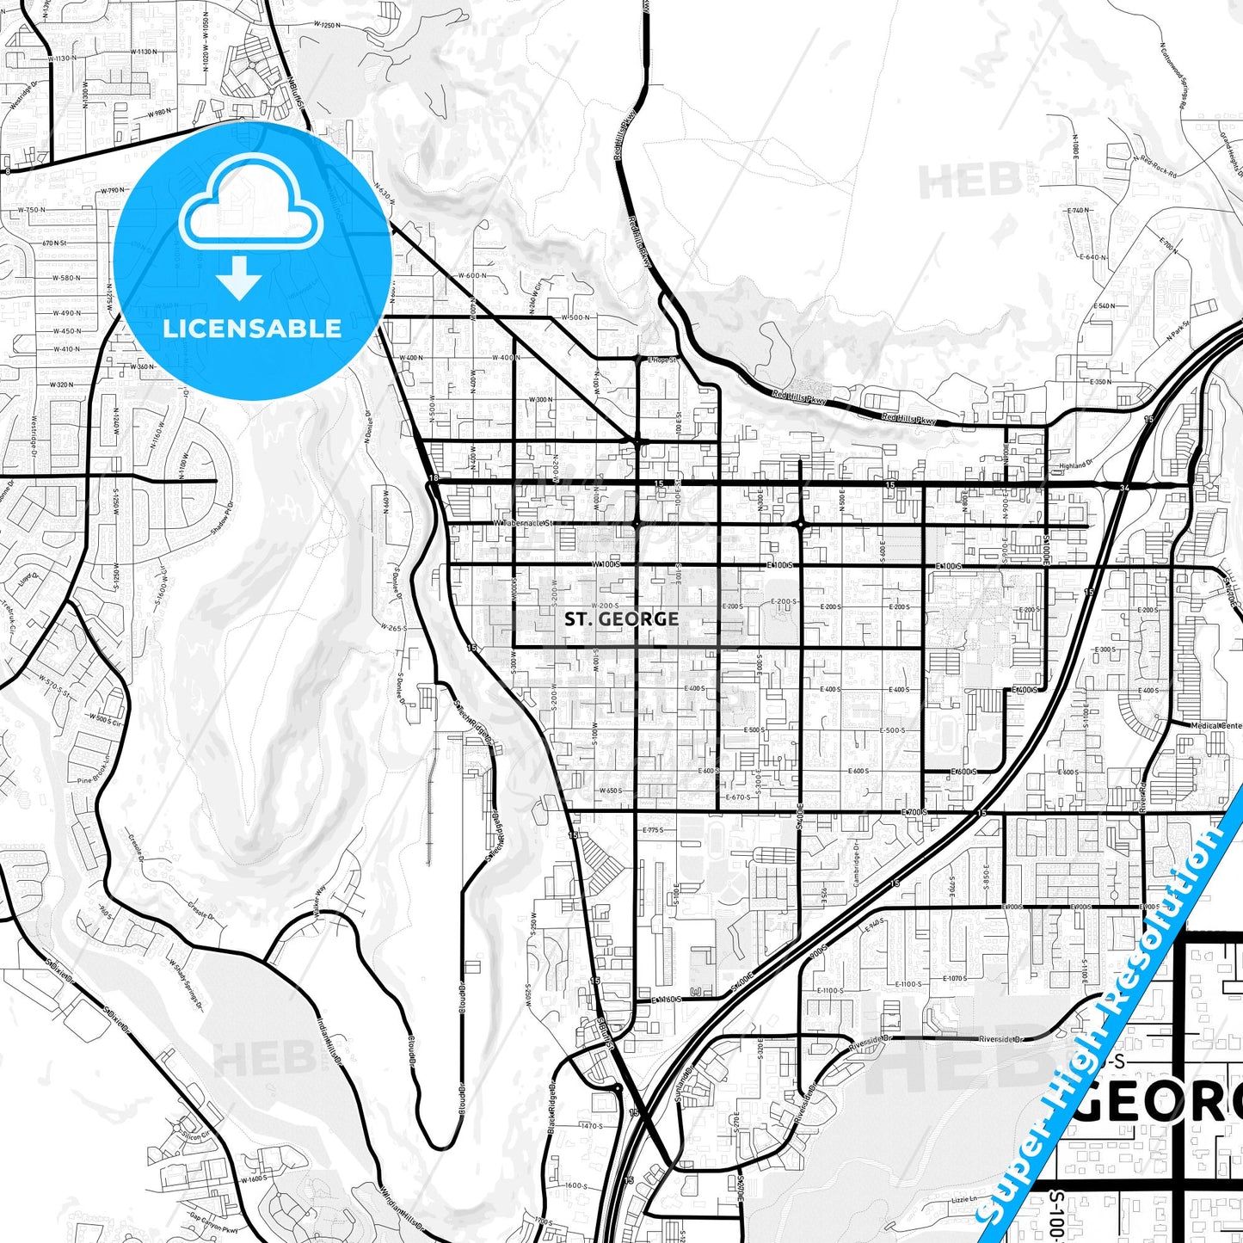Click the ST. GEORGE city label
(x=622, y=618)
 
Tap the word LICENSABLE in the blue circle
(x=252, y=328)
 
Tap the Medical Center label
(x=1216, y=726)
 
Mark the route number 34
(x=1124, y=488)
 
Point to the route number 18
(x=434, y=478)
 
